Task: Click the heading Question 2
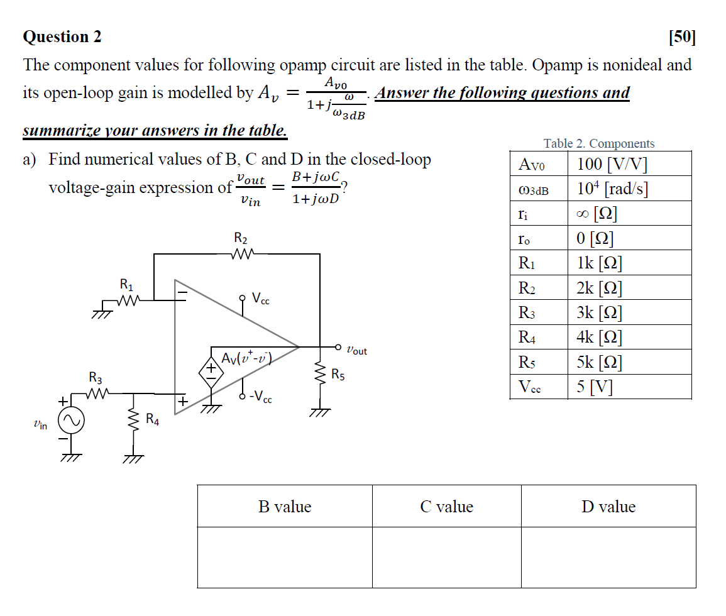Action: (x=62, y=37)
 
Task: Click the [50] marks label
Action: (x=682, y=37)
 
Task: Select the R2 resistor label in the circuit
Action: (x=240, y=239)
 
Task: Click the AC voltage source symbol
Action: (x=71, y=422)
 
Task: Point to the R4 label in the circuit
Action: (x=152, y=419)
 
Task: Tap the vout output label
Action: (x=356, y=350)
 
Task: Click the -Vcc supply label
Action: (x=260, y=398)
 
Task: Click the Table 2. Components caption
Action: (x=599, y=143)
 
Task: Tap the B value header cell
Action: (x=285, y=507)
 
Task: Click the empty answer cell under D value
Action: (x=608, y=557)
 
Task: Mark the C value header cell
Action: (x=446, y=507)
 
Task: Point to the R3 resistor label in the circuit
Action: (x=96, y=378)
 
